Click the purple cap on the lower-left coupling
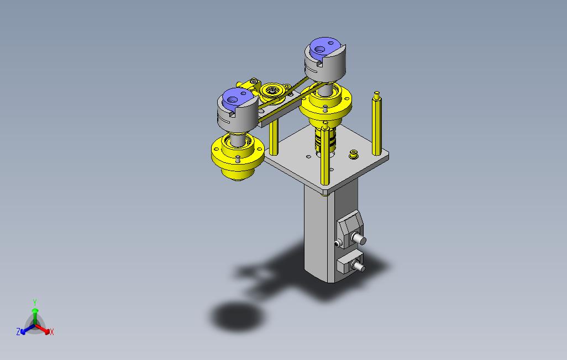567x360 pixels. [235, 98]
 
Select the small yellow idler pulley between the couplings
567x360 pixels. [271, 92]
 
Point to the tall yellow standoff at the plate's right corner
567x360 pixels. [376, 123]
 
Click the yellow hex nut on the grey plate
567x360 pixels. [354, 155]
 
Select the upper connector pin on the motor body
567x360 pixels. [359, 239]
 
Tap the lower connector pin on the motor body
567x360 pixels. [358, 267]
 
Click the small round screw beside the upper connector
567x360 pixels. [337, 243]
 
